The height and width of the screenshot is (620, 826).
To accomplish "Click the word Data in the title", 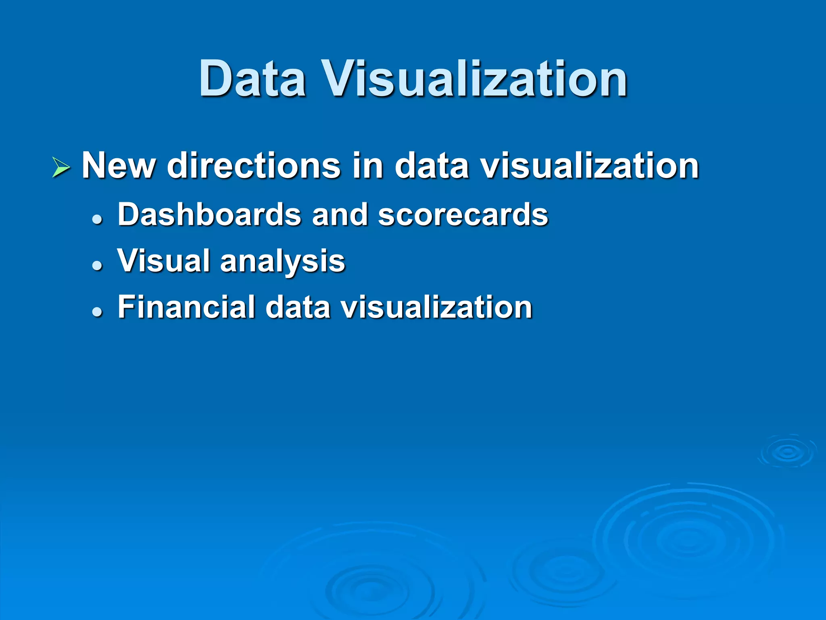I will (x=252, y=78).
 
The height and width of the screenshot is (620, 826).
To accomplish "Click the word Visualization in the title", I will (x=476, y=78).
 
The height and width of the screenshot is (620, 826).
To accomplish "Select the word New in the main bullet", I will (x=119, y=165).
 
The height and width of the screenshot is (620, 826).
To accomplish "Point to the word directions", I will (x=254, y=165).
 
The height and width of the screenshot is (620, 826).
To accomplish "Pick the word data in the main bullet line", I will (x=432, y=165).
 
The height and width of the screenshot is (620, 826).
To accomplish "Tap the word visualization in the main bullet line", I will (x=589, y=165).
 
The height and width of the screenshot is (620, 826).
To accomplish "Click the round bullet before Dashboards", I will (x=97, y=220).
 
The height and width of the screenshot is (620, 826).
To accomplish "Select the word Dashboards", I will (x=209, y=214).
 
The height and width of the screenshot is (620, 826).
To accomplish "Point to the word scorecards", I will (x=463, y=214).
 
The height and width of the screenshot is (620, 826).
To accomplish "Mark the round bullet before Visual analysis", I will (x=97, y=266).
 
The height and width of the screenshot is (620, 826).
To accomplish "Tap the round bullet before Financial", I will (x=97, y=312).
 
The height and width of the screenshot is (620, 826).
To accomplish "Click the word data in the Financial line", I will (x=298, y=307).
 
